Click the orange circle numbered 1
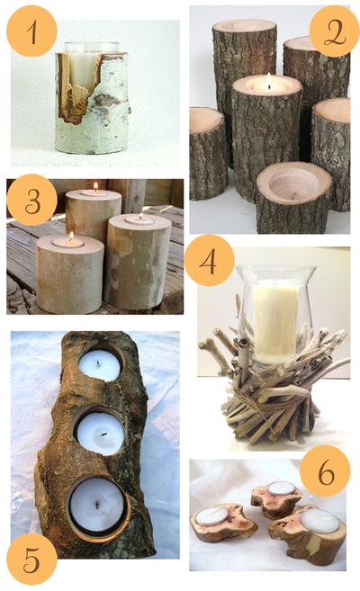(x=31, y=31)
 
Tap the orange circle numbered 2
(x=335, y=31)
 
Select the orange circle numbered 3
(x=31, y=200)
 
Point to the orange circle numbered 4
(x=210, y=261)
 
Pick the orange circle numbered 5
(x=31, y=559)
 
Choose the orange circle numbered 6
(x=325, y=470)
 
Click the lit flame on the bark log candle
(x=269, y=80)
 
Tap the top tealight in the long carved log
(x=100, y=365)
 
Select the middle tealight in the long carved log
(x=100, y=434)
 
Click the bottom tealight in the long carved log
(x=97, y=504)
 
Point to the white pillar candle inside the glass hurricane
(x=275, y=324)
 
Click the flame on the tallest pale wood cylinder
(x=95, y=186)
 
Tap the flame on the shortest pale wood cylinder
(x=71, y=237)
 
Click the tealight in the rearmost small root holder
(x=282, y=488)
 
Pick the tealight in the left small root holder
(x=211, y=516)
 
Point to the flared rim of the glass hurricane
(x=275, y=270)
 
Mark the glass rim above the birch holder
(x=92, y=47)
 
